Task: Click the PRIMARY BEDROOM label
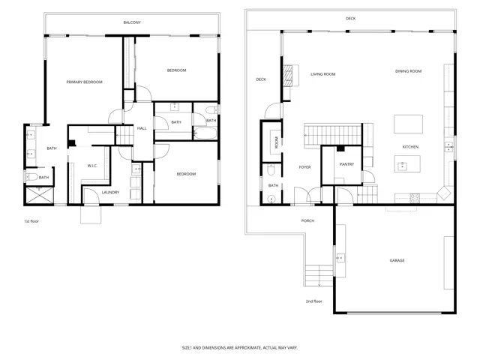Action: point(85,82)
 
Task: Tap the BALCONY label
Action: point(132,22)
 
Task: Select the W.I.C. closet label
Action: point(92,166)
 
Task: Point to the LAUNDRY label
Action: point(110,192)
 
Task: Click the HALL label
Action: point(142,128)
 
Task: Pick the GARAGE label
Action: point(397,260)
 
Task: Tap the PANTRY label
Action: point(346,164)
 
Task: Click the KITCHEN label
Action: point(410,147)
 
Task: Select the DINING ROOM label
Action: point(408,71)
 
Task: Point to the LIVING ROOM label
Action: point(323,74)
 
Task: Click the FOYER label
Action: point(305,167)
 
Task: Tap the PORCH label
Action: point(307,220)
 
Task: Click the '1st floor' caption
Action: point(31,221)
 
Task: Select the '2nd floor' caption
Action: point(314,301)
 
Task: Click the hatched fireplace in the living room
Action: point(288,76)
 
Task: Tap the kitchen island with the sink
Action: point(407,163)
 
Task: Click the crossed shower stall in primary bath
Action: point(40,195)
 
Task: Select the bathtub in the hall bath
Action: point(205,133)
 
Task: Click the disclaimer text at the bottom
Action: point(240,348)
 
